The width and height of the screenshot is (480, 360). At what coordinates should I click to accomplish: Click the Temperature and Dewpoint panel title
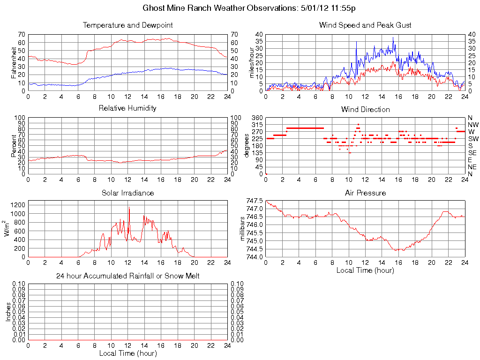pyautogui.click(x=127, y=25)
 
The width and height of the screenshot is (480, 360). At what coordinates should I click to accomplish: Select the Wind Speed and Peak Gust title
pyautogui.click(x=365, y=25)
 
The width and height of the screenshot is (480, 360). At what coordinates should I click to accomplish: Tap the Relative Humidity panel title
pyautogui.click(x=127, y=108)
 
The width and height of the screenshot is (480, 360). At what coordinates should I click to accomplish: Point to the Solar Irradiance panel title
pyautogui.click(x=127, y=193)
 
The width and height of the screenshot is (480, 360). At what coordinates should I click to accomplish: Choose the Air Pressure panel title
pyautogui.click(x=365, y=193)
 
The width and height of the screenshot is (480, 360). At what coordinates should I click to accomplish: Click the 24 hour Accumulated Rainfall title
pyautogui.click(x=127, y=276)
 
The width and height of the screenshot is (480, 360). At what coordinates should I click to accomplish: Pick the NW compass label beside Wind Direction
pyautogui.click(x=472, y=125)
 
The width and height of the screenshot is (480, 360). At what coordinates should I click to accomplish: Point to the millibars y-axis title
pyautogui.click(x=243, y=229)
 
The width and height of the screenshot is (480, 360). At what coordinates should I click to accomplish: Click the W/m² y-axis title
pyautogui.click(x=7, y=229)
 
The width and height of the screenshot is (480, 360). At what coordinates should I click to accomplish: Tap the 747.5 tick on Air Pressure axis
pyautogui.click(x=255, y=201)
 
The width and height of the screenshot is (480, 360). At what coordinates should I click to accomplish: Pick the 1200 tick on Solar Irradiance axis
pyautogui.click(x=17, y=205)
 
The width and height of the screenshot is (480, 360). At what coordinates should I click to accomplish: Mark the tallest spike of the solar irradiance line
pyautogui.click(x=129, y=208)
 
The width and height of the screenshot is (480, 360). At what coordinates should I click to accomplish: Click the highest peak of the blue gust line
pyautogui.click(x=393, y=38)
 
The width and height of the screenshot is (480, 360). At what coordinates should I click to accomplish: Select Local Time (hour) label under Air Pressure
pyautogui.click(x=365, y=270)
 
